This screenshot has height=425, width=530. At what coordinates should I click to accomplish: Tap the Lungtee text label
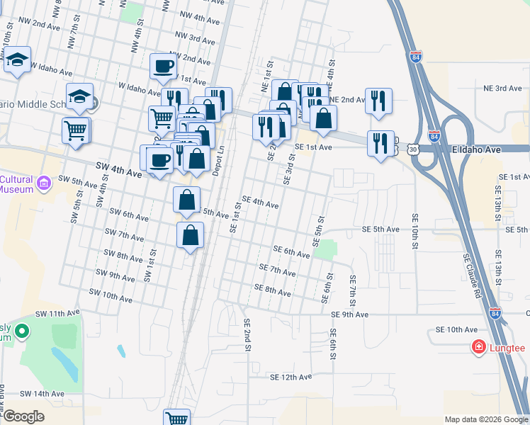(x=507, y=348)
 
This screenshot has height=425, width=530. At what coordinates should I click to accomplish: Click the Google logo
(x=23, y=416)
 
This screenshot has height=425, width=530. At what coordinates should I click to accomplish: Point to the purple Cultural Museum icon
(x=45, y=184)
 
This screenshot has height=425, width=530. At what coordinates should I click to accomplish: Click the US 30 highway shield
(x=413, y=149)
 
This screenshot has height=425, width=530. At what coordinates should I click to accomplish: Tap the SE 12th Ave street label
(x=291, y=378)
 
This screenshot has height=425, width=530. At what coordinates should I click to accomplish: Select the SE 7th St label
(x=352, y=287)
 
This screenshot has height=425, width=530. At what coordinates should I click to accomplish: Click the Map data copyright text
(x=486, y=419)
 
